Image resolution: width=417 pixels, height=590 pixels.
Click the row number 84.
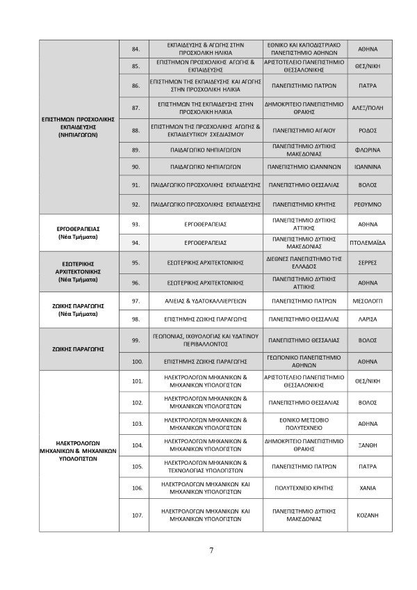(x=136, y=49)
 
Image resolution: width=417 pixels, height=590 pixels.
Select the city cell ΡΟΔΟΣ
(x=367, y=129)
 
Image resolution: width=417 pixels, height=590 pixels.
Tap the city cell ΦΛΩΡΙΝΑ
(x=367, y=150)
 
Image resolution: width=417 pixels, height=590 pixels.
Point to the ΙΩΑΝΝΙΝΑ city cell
(x=367, y=167)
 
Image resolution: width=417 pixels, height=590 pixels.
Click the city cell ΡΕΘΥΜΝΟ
(x=367, y=205)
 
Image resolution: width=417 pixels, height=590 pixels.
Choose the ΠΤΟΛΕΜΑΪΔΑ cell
(x=367, y=243)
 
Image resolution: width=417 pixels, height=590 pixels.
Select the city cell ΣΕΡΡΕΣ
(x=367, y=263)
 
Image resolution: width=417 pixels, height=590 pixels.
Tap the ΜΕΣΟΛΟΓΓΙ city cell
(x=367, y=301)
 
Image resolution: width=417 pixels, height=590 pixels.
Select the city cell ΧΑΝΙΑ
(x=367, y=488)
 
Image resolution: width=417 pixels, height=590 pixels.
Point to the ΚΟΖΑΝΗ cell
(x=367, y=515)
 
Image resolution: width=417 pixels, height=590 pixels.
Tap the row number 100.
(x=136, y=362)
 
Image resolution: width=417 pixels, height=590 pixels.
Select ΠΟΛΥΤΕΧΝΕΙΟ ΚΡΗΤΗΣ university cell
(x=305, y=488)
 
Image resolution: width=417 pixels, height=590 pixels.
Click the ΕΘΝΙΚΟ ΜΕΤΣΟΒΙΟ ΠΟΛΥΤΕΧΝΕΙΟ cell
(x=305, y=424)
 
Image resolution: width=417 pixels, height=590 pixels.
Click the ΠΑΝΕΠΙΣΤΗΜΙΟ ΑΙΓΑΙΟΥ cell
(x=305, y=129)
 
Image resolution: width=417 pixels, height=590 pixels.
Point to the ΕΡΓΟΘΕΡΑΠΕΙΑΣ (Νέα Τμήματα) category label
(x=79, y=232)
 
